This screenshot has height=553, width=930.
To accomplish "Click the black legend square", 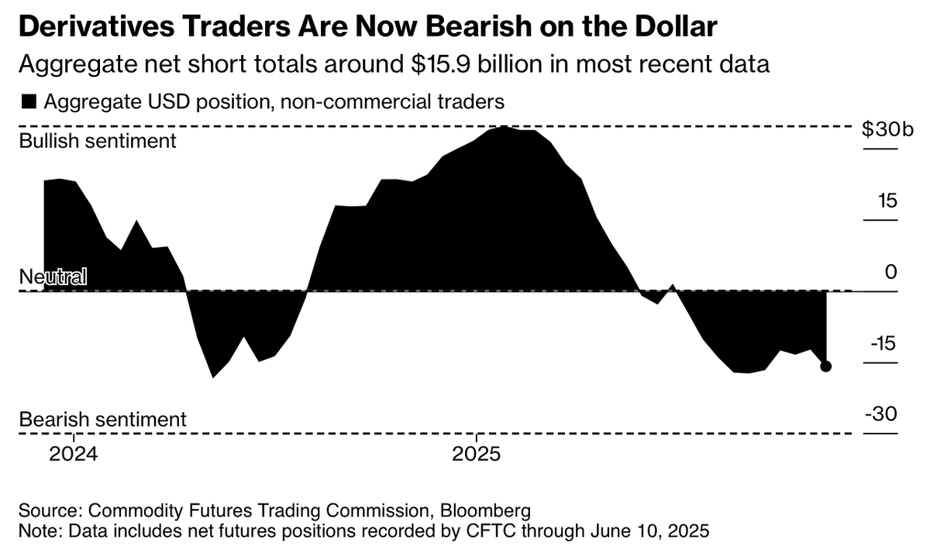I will coord(29,101).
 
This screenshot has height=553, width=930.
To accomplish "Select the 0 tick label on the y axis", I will coord(890,272).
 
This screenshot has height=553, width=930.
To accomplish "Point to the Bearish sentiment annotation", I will coord(102,419).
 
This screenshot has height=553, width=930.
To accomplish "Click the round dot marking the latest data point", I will coord(825,366).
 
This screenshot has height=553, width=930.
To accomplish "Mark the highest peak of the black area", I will coord(505,127).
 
